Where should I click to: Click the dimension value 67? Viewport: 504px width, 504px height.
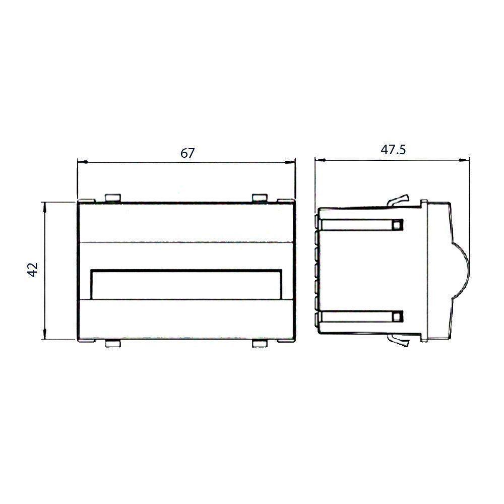point(187,153)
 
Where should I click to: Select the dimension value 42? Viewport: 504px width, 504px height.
point(33,270)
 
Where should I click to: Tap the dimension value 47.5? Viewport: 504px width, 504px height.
point(392,150)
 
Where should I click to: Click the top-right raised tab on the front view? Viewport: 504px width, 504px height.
point(260,197)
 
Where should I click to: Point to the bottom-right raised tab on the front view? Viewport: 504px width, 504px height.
point(260,344)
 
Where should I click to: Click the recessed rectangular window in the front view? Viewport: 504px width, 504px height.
point(186,285)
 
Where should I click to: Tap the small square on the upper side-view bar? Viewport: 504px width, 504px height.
point(398,224)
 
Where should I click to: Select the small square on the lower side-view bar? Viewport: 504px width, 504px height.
point(398,317)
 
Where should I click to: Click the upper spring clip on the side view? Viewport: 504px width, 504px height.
point(398,200)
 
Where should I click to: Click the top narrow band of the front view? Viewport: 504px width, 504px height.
point(186,223)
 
